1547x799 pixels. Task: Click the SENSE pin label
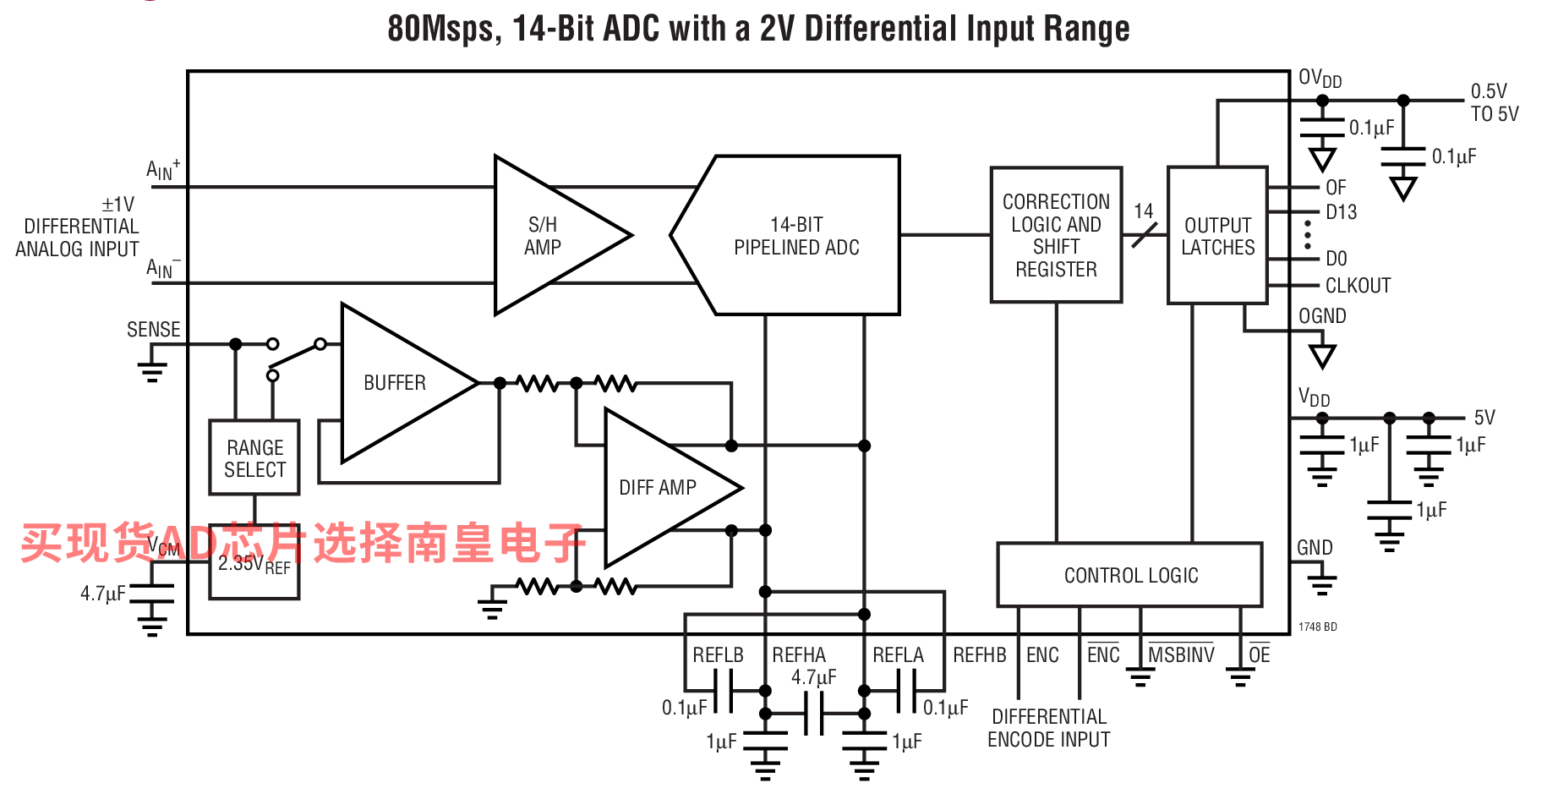pyautogui.click(x=154, y=330)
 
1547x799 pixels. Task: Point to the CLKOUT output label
pyautogui.click(x=1358, y=286)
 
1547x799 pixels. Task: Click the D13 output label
pyautogui.click(x=1341, y=212)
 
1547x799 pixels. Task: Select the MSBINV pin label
pyautogui.click(x=1181, y=654)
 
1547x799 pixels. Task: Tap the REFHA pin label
pyautogui.click(x=799, y=655)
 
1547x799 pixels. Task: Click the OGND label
pyautogui.click(x=1322, y=316)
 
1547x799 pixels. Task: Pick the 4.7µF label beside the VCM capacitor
pyautogui.click(x=103, y=594)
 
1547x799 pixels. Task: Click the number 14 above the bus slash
pyautogui.click(x=1144, y=211)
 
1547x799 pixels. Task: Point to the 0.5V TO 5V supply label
pyautogui.click(x=1495, y=102)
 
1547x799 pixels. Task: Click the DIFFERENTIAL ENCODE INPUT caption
pyautogui.click(x=1049, y=728)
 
